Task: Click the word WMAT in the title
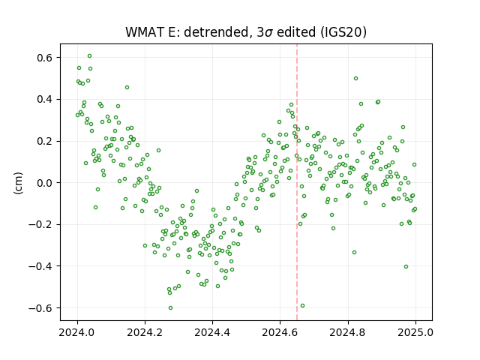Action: pyautogui.click(x=145, y=32)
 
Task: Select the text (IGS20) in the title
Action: pyautogui.click(x=343, y=32)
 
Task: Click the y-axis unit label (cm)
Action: pyautogui.click(x=18, y=183)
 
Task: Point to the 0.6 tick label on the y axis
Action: pyautogui.click(x=46, y=58)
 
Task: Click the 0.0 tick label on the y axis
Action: pyautogui.click(x=46, y=183)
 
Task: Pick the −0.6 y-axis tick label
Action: pyautogui.click(x=41, y=308)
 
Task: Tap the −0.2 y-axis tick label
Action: pyautogui.click(x=41, y=224)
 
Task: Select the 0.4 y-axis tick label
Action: pyautogui.click(x=46, y=99)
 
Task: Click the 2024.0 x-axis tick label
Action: pyautogui.click(x=77, y=332)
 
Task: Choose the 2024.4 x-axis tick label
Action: pyautogui.click(x=212, y=332)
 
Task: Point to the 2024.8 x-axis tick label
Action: pyautogui.click(x=348, y=332)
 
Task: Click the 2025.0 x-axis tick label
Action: pyautogui.click(x=415, y=332)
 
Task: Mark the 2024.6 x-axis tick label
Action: pyautogui.click(x=280, y=332)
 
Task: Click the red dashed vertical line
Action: pyautogui.click(x=297, y=182)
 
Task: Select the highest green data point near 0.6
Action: pyautogui.click(x=89, y=56)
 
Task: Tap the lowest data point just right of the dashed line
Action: pyautogui.click(x=302, y=305)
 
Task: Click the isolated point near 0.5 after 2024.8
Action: pyautogui.click(x=355, y=78)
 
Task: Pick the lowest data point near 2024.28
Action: pyautogui.click(x=170, y=307)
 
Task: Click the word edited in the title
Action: pyautogui.click(x=296, y=32)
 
